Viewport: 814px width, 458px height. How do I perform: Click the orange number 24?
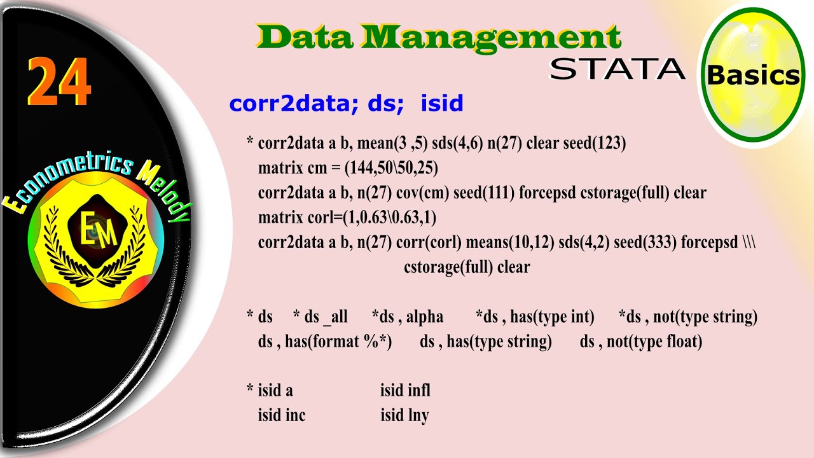(x=59, y=83)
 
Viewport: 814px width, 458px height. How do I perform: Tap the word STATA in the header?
(x=617, y=69)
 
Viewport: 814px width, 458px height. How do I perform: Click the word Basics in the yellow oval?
(x=753, y=75)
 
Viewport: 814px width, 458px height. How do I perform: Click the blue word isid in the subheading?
(x=441, y=103)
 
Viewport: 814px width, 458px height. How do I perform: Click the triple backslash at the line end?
(x=748, y=242)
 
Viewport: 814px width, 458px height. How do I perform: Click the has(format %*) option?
(x=338, y=342)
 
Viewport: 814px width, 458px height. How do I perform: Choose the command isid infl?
(x=405, y=390)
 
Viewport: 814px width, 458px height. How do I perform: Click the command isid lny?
(x=404, y=415)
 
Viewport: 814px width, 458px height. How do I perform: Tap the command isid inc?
(x=281, y=415)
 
